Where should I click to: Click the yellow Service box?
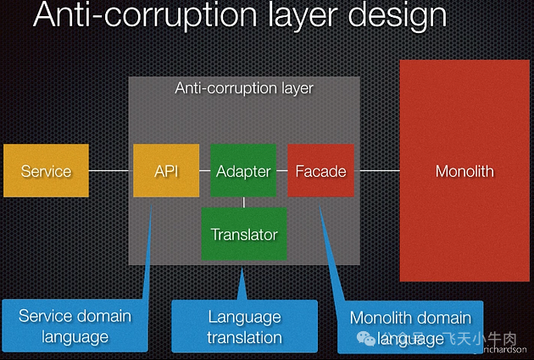tap(46, 171)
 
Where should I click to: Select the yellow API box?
tap(166, 171)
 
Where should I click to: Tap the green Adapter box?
tap(243, 171)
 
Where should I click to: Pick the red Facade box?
tap(320, 171)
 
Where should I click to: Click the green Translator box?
tap(244, 234)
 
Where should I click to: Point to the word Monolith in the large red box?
tap(464, 171)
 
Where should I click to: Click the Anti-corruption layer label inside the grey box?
tap(244, 88)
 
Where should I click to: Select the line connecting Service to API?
tap(110, 171)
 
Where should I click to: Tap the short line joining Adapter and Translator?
tap(244, 202)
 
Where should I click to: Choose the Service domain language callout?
tap(75, 326)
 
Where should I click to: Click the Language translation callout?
tap(244, 326)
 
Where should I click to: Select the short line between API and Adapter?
tap(205, 171)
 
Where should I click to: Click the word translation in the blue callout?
tap(244, 337)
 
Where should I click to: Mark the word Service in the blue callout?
tap(47, 316)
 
